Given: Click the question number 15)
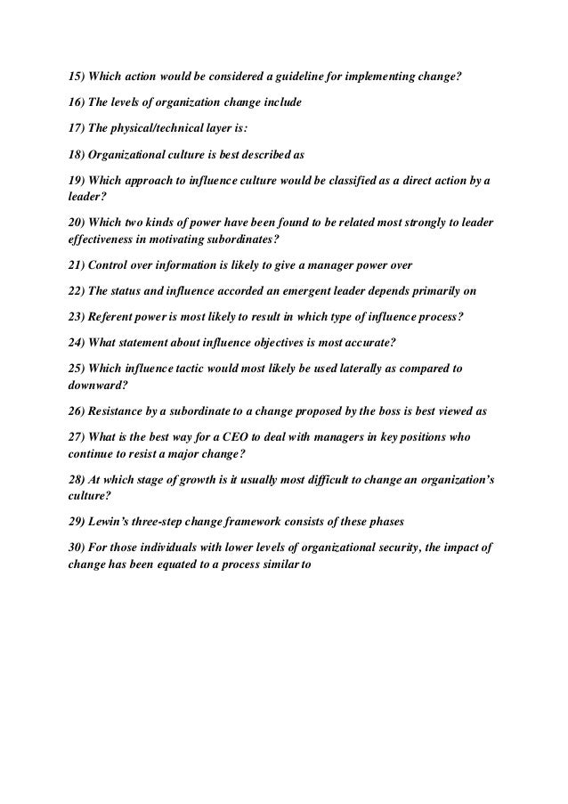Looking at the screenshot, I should tap(77, 74).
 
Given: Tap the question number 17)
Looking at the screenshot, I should tap(77, 127).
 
